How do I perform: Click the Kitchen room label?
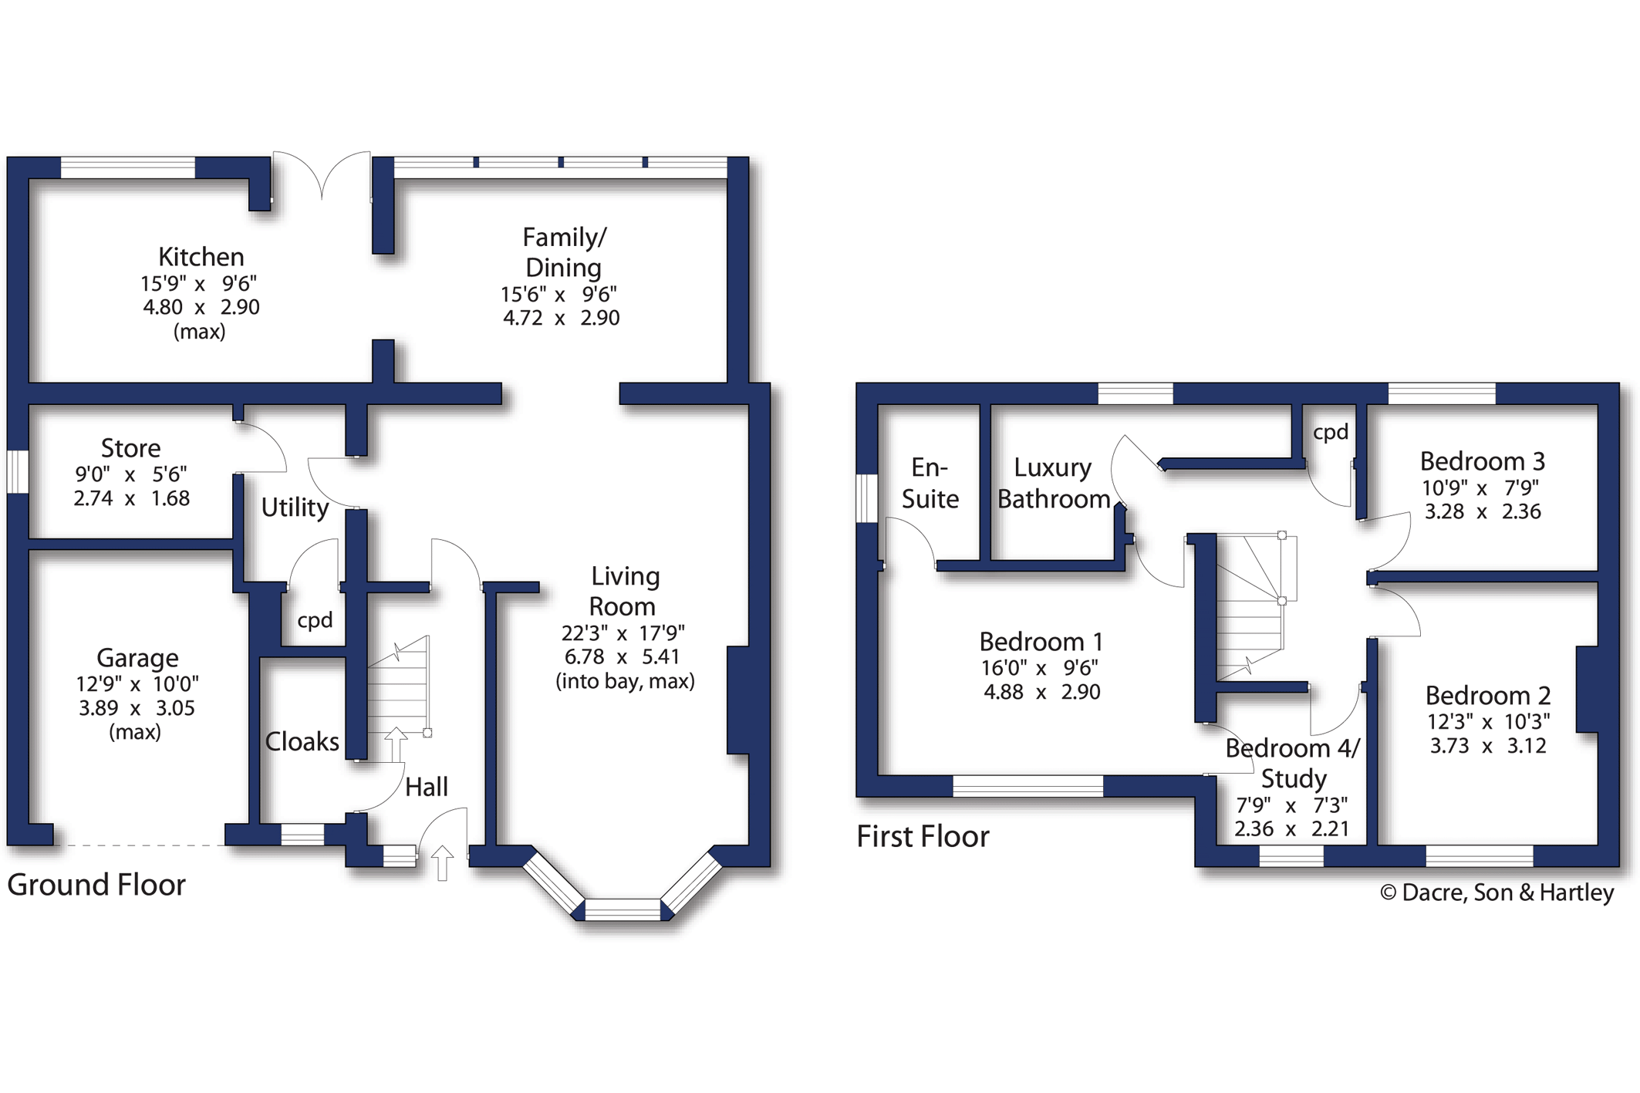pyautogui.click(x=201, y=257)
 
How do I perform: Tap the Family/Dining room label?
pyautogui.click(x=564, y=252)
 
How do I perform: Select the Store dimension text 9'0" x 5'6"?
pyautogui.click(x=131, y=474)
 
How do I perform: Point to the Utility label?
pyautogui.click(x=295, y=508)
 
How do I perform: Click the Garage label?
pyautogui.click(x=137, y=658)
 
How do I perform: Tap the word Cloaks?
pyautogui.click(x=302, y=741)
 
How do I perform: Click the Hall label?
pyautogui.click(x=427, y=787)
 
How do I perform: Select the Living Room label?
pyautogui.click(x=624, y=592)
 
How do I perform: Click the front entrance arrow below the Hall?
pyautogui.click(x=442, y=863)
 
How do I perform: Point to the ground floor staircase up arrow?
pyautogui.click(x=396, y=745)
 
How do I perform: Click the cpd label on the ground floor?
pyautogui.click(x=315, y=621)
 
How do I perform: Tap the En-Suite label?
pyautogui.click(x=930, y=484)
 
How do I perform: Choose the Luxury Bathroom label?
pyautogui.click(x=1054, y=484)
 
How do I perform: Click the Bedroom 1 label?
pyautogui.click(x=1041, y=642)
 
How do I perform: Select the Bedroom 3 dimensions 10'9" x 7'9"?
pyautogui.click(x=1480, y=487)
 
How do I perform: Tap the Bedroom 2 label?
pyautogui.click(x=1487, y=696)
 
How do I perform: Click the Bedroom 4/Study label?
pyautogui.click(x=1293, y=764)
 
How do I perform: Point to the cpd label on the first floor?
pyautogui.click(x=1331, y=433)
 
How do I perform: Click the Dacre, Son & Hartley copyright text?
pyautogui.click(x=1497, y=892)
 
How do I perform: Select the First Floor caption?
pyautogui.click(x=923, y=837)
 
